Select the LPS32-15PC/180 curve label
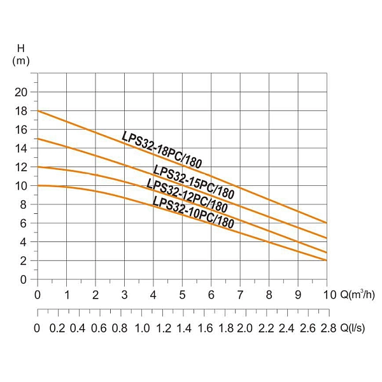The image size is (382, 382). [194, 181]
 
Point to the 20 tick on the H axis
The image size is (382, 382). [22, 92]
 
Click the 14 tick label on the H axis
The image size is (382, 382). [22, 148]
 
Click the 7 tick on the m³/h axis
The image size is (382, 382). [240, 295]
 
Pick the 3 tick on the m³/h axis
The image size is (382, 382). [124, 295]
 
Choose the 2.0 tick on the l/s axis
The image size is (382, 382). [244, 328]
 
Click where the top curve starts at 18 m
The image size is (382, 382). [38, 111]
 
